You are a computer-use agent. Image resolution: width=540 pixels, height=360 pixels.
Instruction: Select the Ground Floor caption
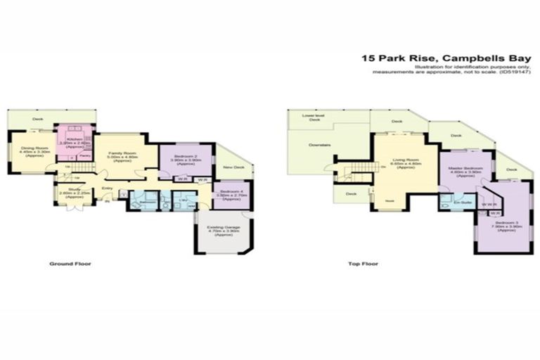pos(70,264)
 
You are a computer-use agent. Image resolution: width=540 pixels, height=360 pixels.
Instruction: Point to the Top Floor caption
pos(364,264)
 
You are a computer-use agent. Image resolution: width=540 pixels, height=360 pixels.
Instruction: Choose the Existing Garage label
pos(224,230)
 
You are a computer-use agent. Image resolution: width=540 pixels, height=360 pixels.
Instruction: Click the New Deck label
pos(233,167)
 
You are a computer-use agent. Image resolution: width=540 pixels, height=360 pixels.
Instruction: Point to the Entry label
pos(108,188)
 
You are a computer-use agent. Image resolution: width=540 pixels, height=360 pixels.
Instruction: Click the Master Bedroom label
pos(465,171)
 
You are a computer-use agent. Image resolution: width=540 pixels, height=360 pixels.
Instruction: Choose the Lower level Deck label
pos(310,117)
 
